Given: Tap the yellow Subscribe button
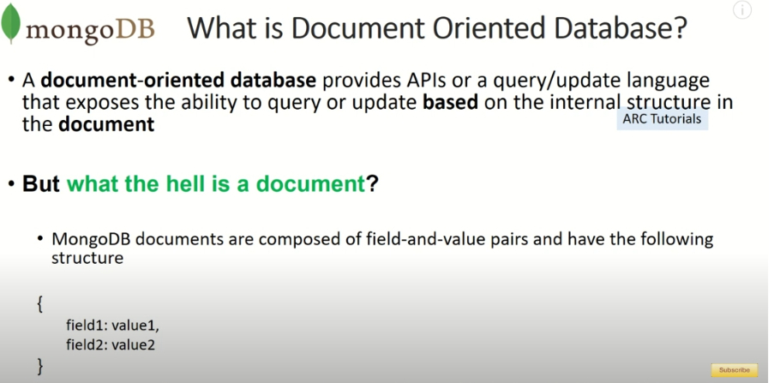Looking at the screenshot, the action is [734, 369].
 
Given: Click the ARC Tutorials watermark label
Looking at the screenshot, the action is [662, 118].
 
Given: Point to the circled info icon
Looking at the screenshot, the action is [742, 10].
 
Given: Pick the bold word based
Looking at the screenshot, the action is [450, 102].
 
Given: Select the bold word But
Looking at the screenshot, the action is [41, 183].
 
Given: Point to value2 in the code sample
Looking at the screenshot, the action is [133, 344].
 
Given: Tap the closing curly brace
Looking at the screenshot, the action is [40, 366].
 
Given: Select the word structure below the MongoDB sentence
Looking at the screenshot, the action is [87, 258].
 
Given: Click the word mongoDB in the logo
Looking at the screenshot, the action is [90, 30].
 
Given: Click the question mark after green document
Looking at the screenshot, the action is [372, 183].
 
